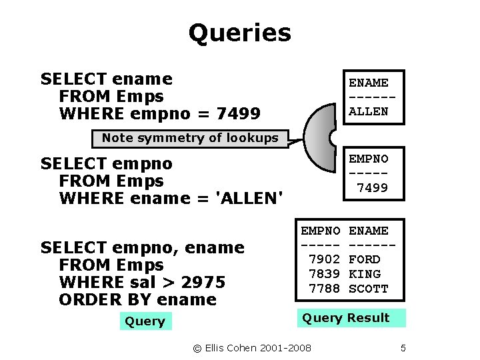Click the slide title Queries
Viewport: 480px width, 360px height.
click(x=239, y=33)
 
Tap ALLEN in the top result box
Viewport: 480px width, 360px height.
click(x=369, y=111)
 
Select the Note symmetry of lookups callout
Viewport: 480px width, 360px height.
click(x=190, y=138)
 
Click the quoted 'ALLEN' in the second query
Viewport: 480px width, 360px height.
click(x=249, y=198)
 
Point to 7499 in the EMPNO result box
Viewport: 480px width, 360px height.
click(x=372, y=188)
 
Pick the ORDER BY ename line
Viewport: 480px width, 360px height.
click(x=137, y=299)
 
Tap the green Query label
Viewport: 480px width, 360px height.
click(x=145, y=321)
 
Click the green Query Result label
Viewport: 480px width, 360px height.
click(x=346, y=318)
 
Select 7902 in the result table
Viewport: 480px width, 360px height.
click(x=325, y=259)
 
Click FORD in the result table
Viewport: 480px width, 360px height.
click(x=365, y=259)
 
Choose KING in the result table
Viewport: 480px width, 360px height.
click(x=365, y=274)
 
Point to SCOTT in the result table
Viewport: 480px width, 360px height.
click(x=368, y=289)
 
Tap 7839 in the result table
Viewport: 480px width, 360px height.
click(x=325, y=274)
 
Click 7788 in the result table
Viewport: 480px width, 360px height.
click(x=325, y=289)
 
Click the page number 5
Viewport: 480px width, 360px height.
click(x=403, y=348)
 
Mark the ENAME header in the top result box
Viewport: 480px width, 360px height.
click(x=369, y=83)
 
